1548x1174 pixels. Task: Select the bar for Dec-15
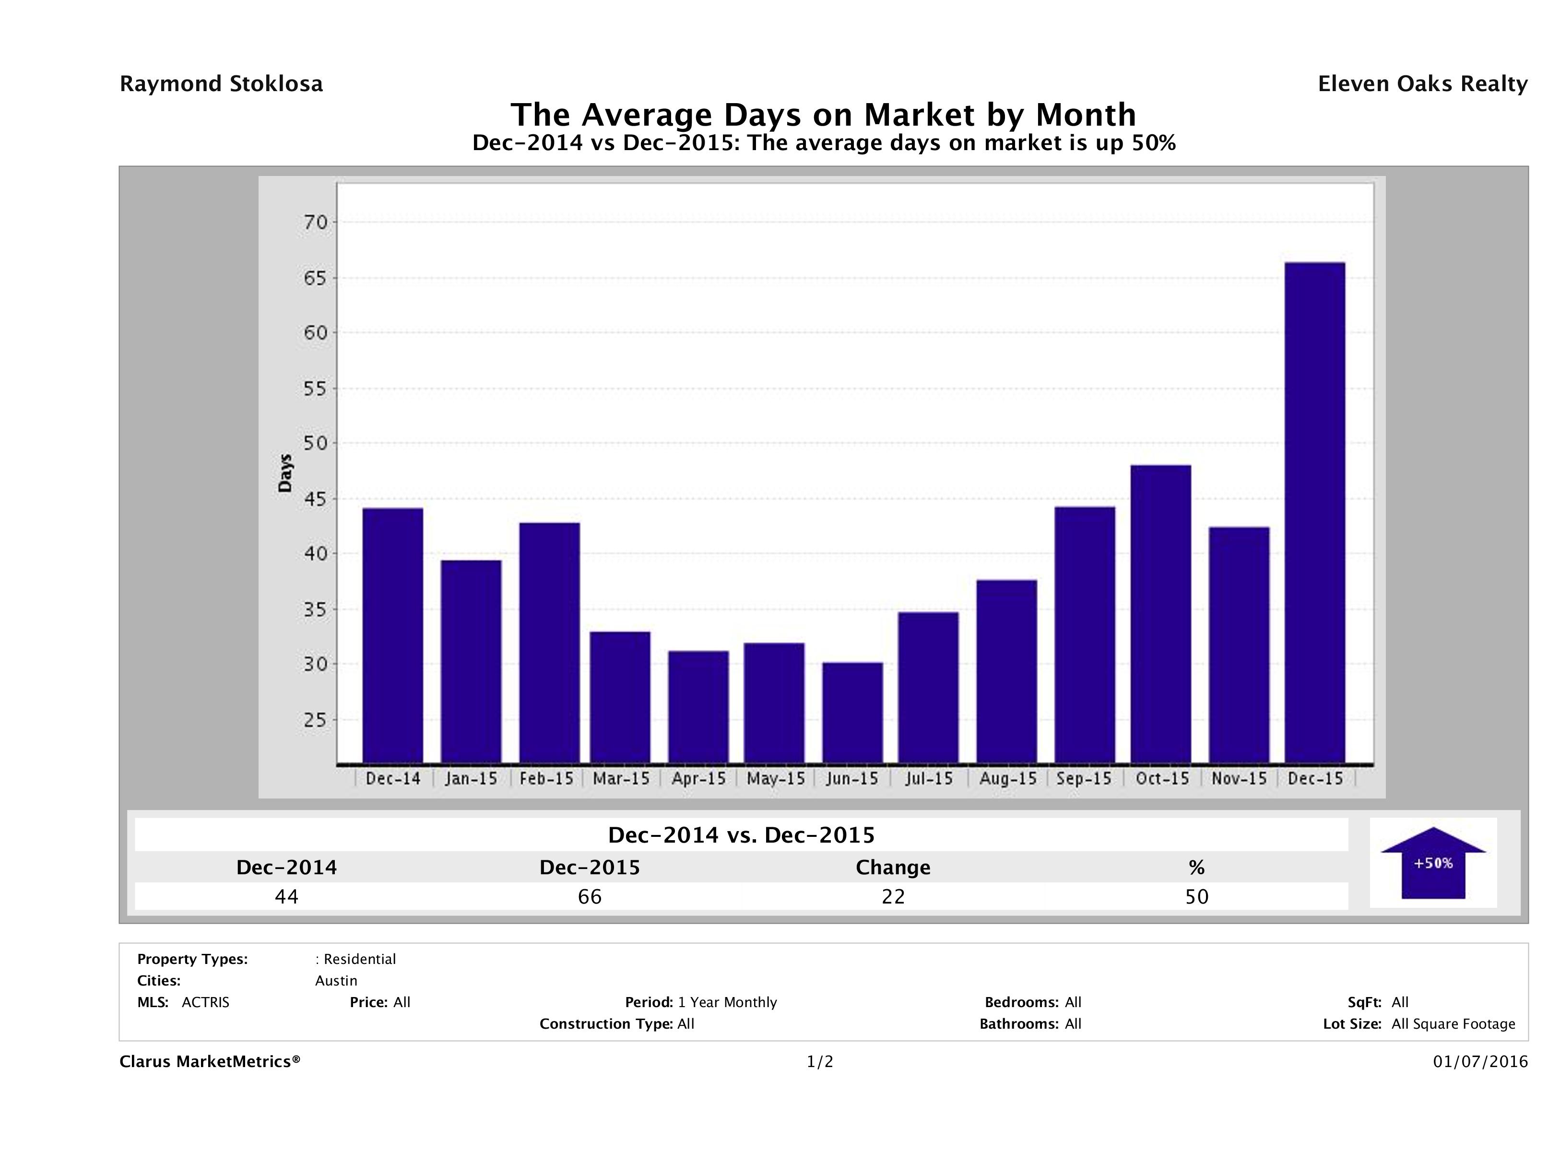click(x=1315, y=513)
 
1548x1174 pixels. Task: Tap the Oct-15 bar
click(x=1160, y=614)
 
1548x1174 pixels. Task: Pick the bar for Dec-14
click(x=392, y=635)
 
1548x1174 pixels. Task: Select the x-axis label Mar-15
click(x=621, y=779)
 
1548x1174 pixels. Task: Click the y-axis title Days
click(x=285, y=473)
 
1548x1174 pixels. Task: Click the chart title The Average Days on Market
click(x=823, y=115)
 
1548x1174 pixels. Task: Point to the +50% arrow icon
click(x=1432, y=863)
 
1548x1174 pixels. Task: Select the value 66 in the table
click(x=589, y=897)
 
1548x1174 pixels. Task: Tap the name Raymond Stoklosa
click(x=221, y=84)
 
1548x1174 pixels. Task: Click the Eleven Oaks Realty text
click(x=1422, y=84)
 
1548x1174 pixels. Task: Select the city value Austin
click(x=336, y=981)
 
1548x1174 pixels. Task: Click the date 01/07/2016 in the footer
click(x=1480, y=1062)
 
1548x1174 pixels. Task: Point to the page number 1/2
click(x=819, y=1062)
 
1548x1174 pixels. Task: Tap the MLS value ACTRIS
click(x=205, y=1003)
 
